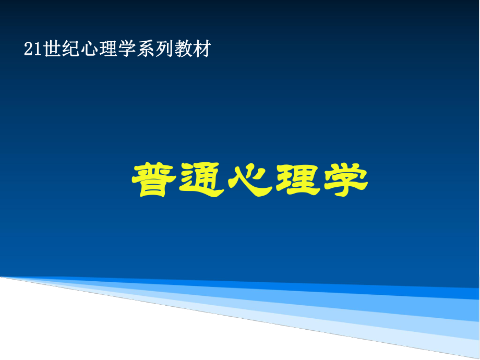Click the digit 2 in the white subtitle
[28, 50]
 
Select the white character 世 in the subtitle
[51, 50]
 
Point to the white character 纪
[69, 50]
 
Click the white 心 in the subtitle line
[88, 50]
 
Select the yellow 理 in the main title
[298, 181]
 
